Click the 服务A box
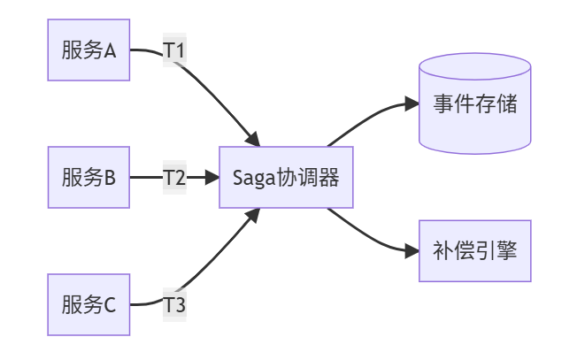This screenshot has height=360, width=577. [88, 50]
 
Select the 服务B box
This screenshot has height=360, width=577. [88, 178]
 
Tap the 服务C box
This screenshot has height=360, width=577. [88, 305]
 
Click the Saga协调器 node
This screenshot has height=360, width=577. [286, 178]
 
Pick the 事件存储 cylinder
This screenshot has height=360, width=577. [475, 103]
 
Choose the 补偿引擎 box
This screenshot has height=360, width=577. [475, 250]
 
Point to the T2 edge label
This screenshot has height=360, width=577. [174, 178]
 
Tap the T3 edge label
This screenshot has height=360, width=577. [174, 305]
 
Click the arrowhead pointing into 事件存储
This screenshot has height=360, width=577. [412, 103]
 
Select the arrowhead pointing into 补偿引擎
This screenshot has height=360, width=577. [412, 251]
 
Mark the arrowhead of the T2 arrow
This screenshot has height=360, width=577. [212, 178]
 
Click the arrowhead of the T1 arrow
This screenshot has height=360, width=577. [253, 139]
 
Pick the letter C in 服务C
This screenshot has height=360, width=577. [111, 306]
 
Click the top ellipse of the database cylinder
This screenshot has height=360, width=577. [475, 66]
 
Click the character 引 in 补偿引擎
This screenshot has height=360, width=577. [485, 250]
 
